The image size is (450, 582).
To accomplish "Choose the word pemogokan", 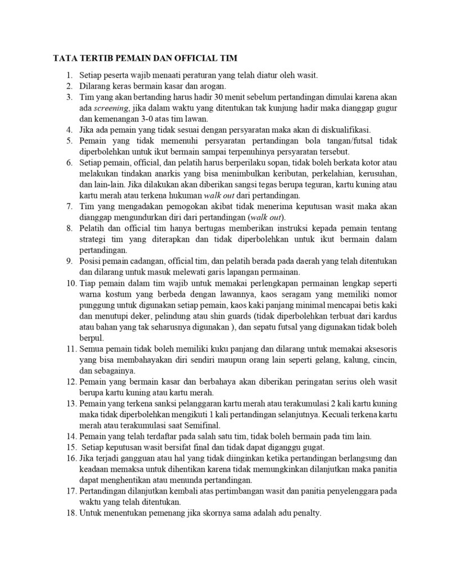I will tap(168, 207).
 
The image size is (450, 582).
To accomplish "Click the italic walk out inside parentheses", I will tap(268, 218).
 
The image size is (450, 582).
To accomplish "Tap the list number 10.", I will tap(71, 283).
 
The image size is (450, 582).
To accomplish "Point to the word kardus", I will tap(386, 316).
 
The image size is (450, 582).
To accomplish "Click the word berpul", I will tap(92, 338).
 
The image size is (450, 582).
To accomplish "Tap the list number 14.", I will tap(71, 436).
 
